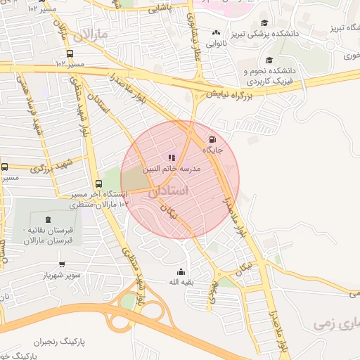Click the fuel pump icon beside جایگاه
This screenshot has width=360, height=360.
[213, 139]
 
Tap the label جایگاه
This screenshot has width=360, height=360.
[213, 150]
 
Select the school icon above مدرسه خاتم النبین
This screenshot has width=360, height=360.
[172, 157]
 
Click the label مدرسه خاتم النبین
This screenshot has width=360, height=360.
[172, 169]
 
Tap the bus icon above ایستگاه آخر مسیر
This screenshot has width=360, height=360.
[98, 183]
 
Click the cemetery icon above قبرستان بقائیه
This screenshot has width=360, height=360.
[47, 220]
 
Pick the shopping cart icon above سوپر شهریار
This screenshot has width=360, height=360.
[62, 264]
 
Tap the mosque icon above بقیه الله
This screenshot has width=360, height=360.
[181, 271]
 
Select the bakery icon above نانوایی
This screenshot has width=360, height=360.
[215, 32]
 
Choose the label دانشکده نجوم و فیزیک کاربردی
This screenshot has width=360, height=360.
[271, 75]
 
